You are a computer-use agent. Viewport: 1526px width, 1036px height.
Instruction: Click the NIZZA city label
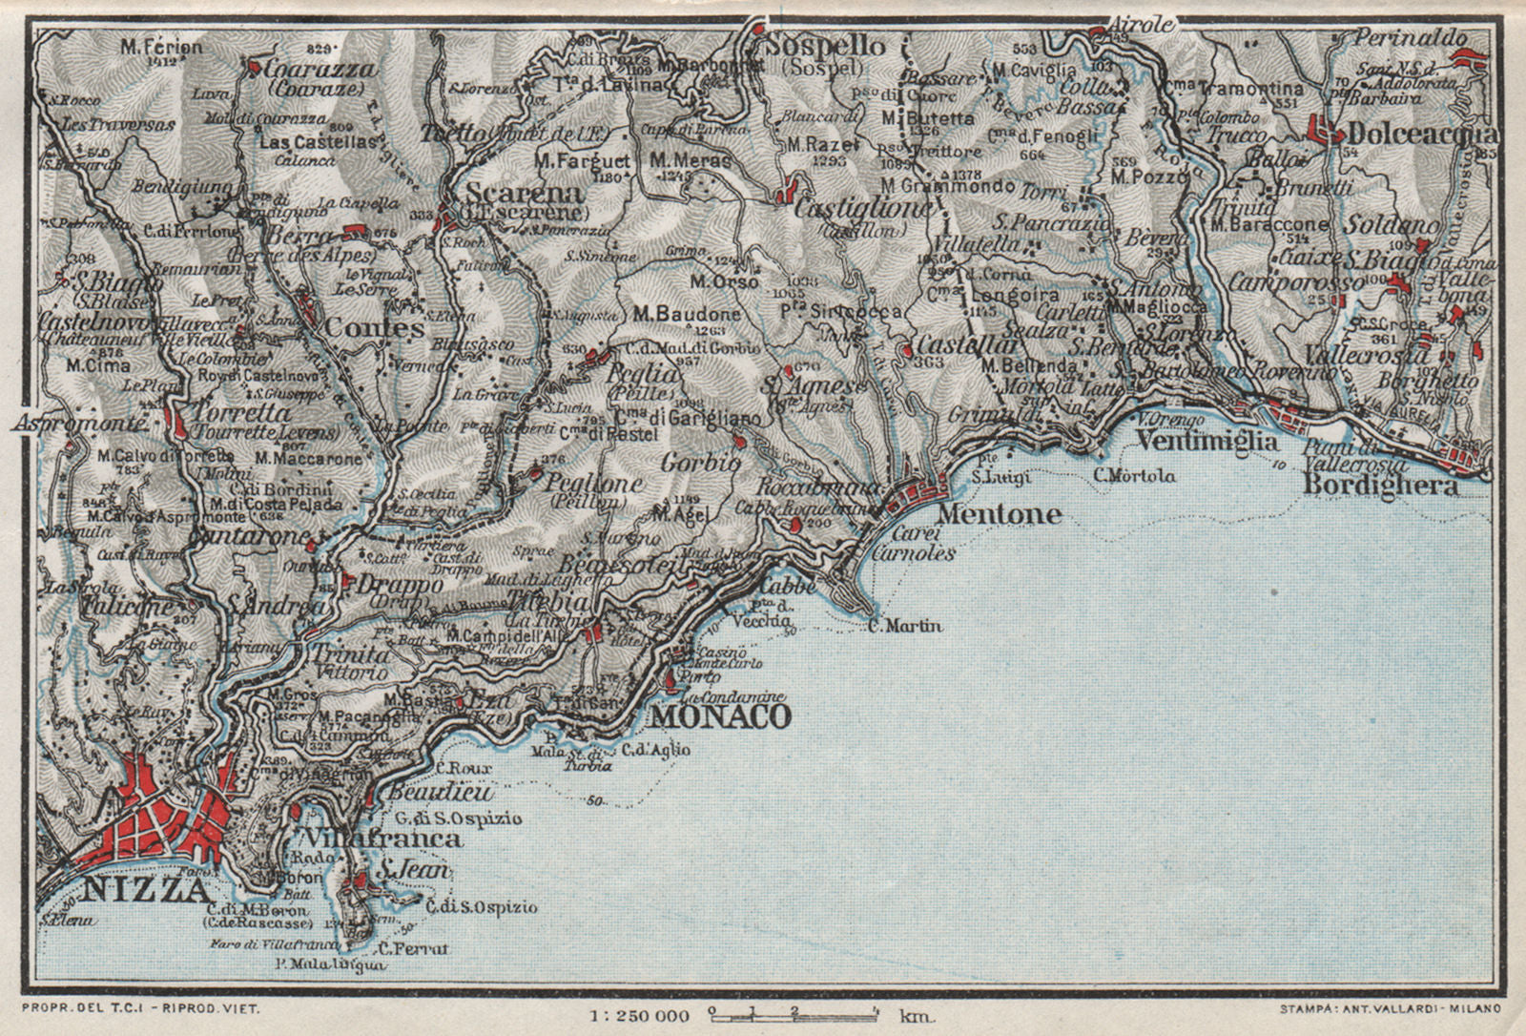[145, 891]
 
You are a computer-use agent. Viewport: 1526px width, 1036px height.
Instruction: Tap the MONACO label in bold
[720, 715]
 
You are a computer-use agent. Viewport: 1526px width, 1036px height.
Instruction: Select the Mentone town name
[1000, 515]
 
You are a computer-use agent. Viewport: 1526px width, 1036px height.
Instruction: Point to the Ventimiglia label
[1206, 442]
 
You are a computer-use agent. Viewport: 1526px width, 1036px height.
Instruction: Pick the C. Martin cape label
[904, 626]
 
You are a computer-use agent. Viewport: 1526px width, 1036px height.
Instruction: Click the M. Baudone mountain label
[686, 314]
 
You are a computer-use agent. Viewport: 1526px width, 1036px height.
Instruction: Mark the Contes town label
[374, 327]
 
